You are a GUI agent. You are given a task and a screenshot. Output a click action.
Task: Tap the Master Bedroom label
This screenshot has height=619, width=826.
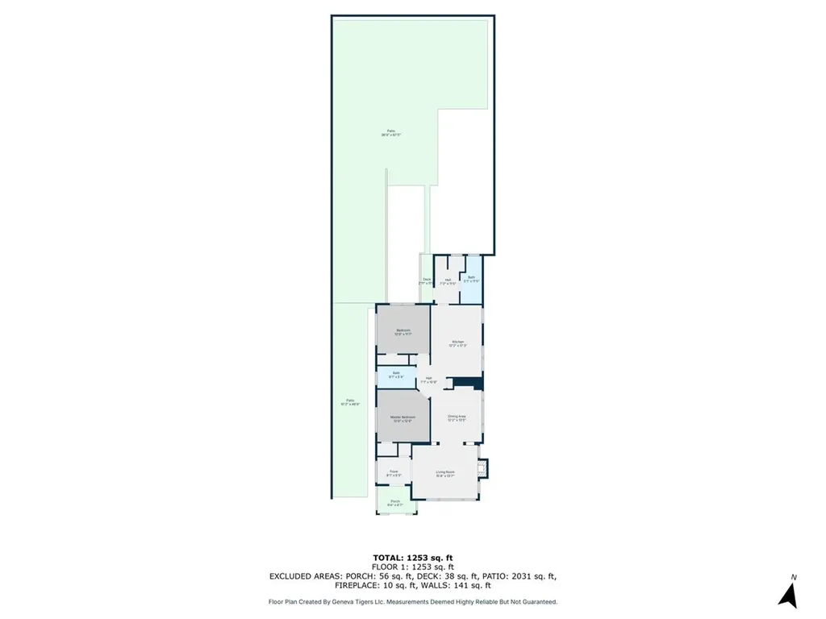pyautogui.click(x=403, y=418)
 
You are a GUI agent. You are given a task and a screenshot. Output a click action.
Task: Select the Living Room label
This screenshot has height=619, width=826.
pyautogui.click(x=445, y=473)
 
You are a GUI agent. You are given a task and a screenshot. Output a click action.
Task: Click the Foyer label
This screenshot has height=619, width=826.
pyautogui.click(x=394, y=473)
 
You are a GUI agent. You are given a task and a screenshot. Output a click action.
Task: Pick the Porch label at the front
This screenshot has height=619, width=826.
pyautogui.click(x=395, y=503)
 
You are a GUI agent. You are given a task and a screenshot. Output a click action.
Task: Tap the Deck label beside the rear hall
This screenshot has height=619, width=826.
pyautogui.click(x=426, y=280)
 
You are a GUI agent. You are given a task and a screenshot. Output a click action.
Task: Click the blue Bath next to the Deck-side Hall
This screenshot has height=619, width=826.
pyautogui.click(x=472, y=279)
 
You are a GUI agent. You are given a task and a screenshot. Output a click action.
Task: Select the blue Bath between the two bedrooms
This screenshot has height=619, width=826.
pyautogui.click(x=396, y=375)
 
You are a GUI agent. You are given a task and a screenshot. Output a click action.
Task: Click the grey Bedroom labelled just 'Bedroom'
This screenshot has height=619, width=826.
pyautogui.click(x=403, y=331)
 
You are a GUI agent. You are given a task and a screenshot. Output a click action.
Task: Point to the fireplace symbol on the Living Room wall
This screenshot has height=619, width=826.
pyautogui.click(x=484, y=467)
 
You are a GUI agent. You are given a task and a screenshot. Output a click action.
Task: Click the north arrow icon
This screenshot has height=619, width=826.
pyautogui.click(x=788, y=595)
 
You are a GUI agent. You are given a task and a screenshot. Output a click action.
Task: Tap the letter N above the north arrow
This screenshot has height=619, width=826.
pyautogui.click(x=794, y=577)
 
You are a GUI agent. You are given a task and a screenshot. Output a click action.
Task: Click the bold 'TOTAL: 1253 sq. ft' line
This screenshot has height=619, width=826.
pyautogui.click(x=412, y=558)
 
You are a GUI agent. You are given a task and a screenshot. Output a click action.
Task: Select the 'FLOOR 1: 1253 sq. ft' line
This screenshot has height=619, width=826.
pyautogui.click(x=412, y=567)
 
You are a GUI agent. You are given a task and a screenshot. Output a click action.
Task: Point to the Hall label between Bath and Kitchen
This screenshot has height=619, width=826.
pyautogui.click(x=429, y=380)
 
